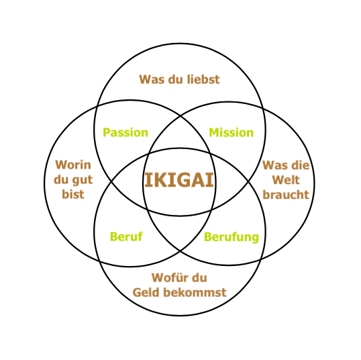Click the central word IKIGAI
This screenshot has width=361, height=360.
pyautogui.click(x=179, y=180)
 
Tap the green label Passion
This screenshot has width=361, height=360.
pyautogui.click(x=125, y=132)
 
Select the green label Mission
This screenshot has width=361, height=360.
pyautogui.click(x=231, y=132)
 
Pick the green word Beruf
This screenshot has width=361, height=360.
pyautogui.click(x=126, y=236)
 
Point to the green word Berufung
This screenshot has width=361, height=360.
pyautogui.click(x=231, y=237)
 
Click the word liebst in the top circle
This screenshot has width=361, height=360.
pyautogui.click(x=203, y=79)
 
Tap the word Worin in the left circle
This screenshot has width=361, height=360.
pyautogui.click(x=73, y=165)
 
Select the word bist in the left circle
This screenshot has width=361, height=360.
pyautogui.click(x=73, y=194)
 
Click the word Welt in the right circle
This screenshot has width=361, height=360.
pyautogui.click(x=286, y=180)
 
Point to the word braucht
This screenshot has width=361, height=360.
pyautogui.click(x=286, y=195)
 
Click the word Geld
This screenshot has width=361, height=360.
pyautogui.click(x=146, y=292)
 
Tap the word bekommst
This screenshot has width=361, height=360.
pyautogui.click(x=195, y=292)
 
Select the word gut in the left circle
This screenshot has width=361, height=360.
pyautogui.click(x=82, y=180)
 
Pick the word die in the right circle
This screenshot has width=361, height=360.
pyautogui.click(x=301, y=165)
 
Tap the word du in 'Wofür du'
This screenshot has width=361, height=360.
pyautogui.click(x=199, y=277)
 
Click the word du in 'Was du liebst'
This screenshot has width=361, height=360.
pyautogui.click(x=176, y=79)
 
